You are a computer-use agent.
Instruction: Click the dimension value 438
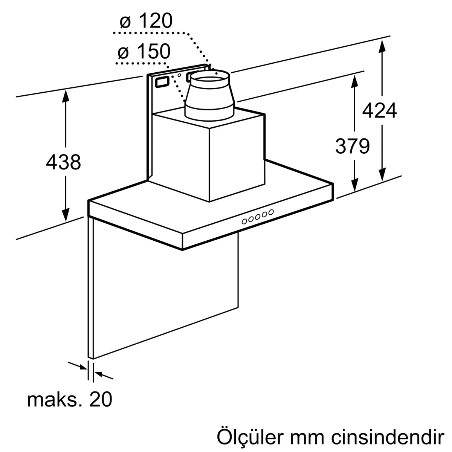(63, 162)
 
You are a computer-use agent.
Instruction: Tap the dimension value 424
(380, 110)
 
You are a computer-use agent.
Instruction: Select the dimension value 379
(353, 147)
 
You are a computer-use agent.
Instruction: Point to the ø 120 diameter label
(146, 21)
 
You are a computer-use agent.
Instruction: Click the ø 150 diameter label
(144, 51)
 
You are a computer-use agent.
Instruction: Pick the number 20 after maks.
(101, 400)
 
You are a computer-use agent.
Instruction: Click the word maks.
(55, 400)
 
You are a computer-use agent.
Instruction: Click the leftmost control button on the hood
(244, 221)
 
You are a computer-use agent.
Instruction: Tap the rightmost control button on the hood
(271, 212)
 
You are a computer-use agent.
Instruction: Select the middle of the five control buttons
(258, 217)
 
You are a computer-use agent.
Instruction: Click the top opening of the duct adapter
(210, 76)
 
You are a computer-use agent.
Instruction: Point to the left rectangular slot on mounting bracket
(162, 82)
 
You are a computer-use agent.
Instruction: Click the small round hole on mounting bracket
(179, 75)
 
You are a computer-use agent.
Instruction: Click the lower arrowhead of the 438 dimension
(66, 214)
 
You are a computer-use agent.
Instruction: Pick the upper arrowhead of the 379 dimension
(355, 82)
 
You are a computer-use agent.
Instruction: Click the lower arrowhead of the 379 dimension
(355, 185)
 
